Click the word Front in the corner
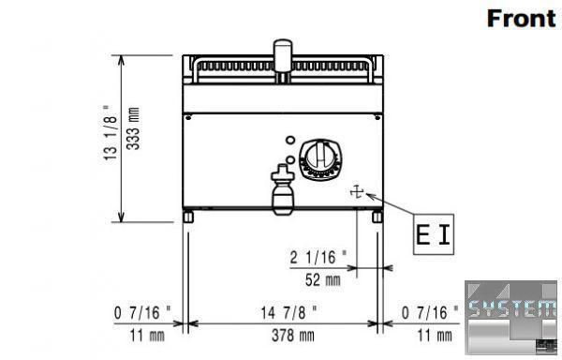(522, 19)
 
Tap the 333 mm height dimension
(134, 128)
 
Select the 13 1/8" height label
(111, 133)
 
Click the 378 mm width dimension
(293, 336)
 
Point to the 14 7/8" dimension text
(288, 313)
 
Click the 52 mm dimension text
(323, 280)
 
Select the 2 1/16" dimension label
(318, 258)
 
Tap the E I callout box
(434, 234)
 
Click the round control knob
(320, 159)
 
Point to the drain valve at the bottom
(283, 189)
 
